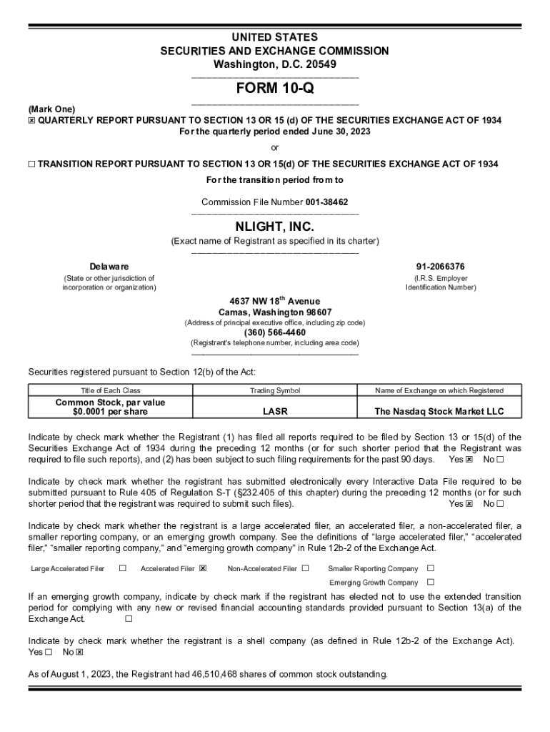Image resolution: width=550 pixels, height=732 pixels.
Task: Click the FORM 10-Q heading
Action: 275,89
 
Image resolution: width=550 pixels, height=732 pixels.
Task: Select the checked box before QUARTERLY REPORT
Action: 31,120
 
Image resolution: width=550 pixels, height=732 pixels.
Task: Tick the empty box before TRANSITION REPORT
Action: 31,164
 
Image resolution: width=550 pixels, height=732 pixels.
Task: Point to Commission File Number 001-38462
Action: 275,202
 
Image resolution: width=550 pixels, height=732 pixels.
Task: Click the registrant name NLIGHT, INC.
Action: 275,227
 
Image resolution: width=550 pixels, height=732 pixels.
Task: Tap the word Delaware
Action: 109,267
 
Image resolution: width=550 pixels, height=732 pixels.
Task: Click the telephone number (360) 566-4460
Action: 275,332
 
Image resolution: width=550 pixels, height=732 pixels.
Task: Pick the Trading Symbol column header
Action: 275,390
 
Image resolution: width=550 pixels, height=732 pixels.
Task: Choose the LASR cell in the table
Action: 275,412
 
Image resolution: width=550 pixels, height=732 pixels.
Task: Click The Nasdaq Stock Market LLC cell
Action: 440,412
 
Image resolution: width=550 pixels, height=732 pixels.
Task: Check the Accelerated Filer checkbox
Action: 203,568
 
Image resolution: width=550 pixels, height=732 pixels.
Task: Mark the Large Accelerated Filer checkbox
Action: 123,568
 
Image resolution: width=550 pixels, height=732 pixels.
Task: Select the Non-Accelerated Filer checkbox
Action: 305,568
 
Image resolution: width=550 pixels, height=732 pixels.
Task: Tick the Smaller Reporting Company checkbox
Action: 430,568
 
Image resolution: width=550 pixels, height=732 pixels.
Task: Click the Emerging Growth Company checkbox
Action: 430,582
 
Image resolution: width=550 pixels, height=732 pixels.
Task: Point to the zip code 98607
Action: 317,312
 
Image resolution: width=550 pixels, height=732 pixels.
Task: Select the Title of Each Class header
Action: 111,390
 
